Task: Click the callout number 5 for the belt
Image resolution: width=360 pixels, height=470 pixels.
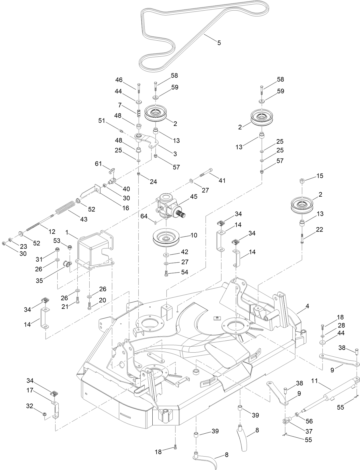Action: (x=219, y=43)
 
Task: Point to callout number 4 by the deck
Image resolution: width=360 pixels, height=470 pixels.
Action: (x=307, y=306)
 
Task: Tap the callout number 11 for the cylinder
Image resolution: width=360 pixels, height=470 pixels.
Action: (x=314, y=381)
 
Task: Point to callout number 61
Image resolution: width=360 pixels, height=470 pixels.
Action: (x=98, y=163)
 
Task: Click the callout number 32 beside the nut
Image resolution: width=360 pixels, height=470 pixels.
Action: (x=29, y=406)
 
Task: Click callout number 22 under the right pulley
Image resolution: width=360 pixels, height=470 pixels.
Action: (x=319, y=230)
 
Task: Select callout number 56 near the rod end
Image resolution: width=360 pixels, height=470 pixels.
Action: (x=309, y=421)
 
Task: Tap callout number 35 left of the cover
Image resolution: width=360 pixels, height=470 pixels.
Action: (x=39, y=280)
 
